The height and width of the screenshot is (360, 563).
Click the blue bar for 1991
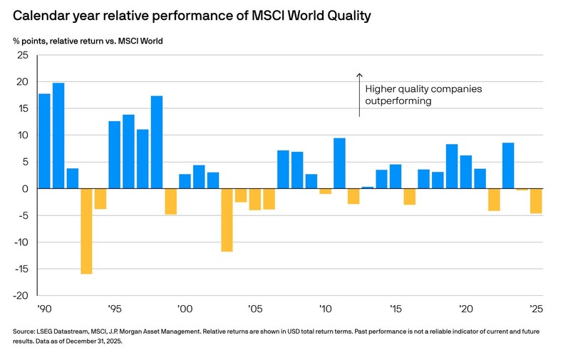[58, 136]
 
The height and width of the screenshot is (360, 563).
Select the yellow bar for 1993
[86, 231]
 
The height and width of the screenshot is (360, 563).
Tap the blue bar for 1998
[157, 143]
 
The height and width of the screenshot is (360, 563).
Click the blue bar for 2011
[339, 163]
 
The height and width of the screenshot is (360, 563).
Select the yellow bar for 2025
[536, 201]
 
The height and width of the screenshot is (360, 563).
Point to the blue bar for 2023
[508, 165]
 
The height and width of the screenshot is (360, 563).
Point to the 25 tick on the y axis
[22, 56]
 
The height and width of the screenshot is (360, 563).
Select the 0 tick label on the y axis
[25, 189]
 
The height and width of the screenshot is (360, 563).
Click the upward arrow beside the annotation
[359, 93]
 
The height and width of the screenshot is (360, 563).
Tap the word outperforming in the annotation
[398, 102]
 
